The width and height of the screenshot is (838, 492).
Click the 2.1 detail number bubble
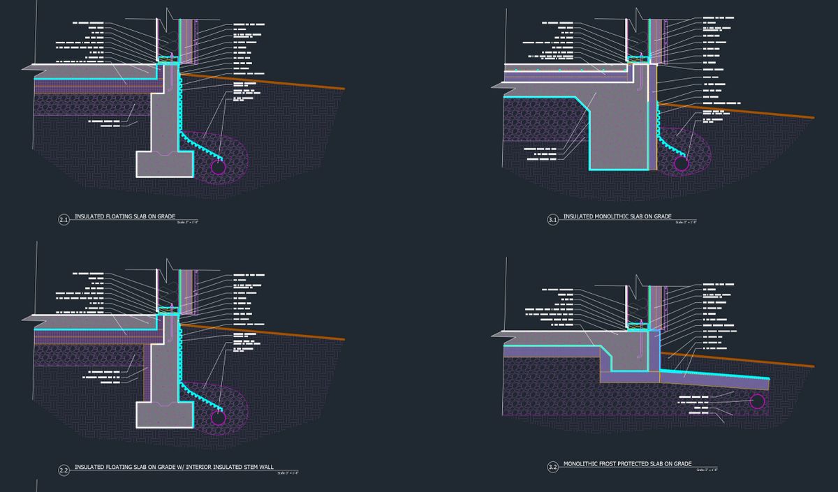pyautogui.click(x=64, y=221)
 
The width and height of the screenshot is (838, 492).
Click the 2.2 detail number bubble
pyautogui.click(x=64, y=471)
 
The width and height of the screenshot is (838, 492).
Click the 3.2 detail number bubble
pyautogui.click(x=552, y=467)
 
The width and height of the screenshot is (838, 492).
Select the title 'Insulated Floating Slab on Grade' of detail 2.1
pyautogui.click(x=115, y=217)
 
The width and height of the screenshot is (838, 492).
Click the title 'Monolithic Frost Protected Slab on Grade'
pyautogui.click(x=627, y=464)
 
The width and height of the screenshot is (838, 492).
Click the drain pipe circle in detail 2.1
pyautogui.click(x=218, y=167)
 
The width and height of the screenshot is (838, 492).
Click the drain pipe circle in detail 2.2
pyautogui.click(x=218, y=418)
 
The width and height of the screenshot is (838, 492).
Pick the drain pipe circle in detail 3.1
pyautogui.click(x=680, y=163)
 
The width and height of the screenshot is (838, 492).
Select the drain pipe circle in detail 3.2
pyautogui.click(x=757, y=401)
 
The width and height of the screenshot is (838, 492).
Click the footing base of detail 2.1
pyautogui.click(x=165, y=163)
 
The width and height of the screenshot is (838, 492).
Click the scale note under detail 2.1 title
pyautogui.click(x=187, y=223)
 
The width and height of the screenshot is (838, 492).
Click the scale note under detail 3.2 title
pyautogui.click(x=707, y=470)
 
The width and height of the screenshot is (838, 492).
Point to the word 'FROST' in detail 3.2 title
pyautogui.click(x=610, y=464)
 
